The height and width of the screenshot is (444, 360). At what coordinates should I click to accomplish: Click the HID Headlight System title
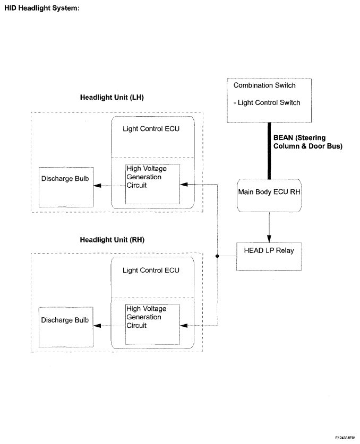pos(42,8)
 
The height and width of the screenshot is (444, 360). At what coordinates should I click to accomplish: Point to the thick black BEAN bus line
pos(269,151)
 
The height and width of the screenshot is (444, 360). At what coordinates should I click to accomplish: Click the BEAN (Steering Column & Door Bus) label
pos(308,142)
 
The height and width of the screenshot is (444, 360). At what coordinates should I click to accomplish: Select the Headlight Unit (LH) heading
pos(112,98)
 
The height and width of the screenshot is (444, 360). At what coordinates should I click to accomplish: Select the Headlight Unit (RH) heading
pos(112,240)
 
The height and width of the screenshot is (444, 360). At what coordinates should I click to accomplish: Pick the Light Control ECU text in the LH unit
pos(151,129)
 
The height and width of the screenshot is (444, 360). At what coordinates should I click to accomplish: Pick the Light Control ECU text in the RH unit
pos(151,271)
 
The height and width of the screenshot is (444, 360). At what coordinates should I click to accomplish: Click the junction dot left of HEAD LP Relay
pos(217,256)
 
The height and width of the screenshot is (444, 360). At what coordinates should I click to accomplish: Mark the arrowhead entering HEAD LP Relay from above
pos(269,239)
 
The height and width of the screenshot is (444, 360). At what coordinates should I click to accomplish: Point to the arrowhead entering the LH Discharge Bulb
pos(97,186)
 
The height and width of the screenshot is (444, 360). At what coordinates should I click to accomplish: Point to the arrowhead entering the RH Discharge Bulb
pos(97,326)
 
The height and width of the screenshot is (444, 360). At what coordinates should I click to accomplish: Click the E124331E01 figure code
pos(345,438)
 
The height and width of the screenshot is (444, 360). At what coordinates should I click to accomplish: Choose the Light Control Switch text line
pos(267,102)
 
